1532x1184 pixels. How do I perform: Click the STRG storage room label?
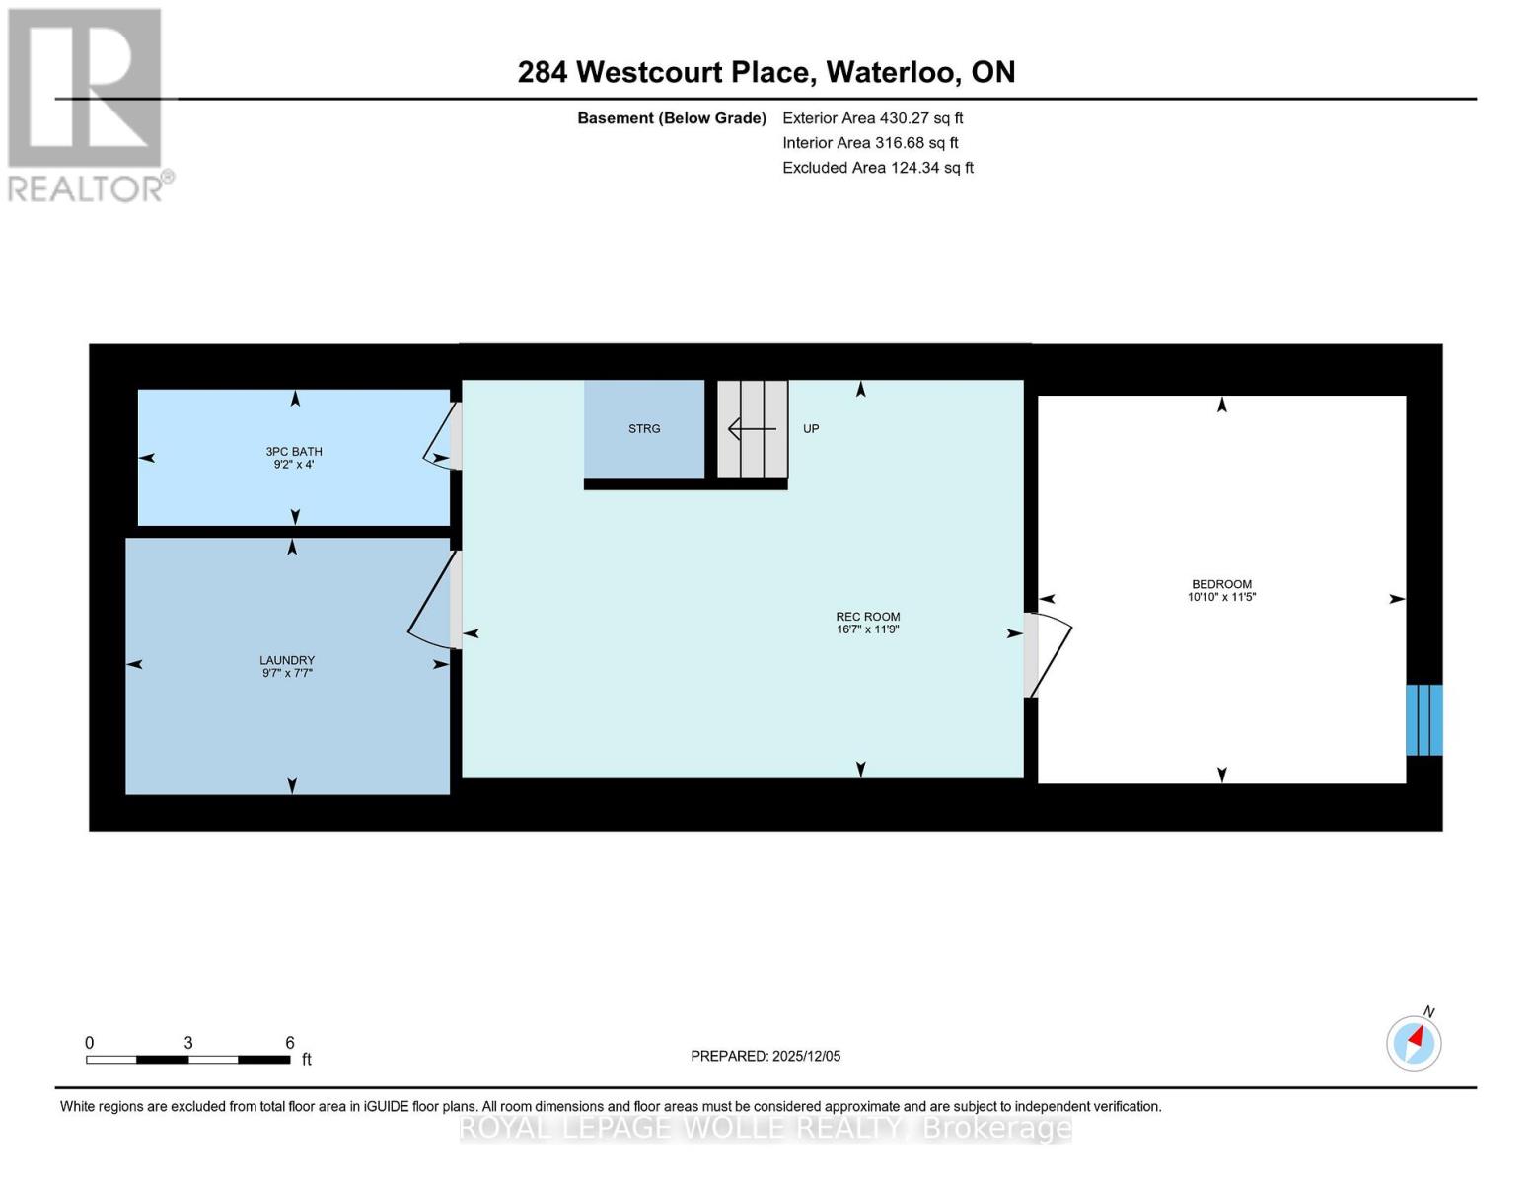point(644,429)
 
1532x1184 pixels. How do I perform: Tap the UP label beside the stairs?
point(811,429)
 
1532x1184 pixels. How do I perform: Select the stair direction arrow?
point(753,429)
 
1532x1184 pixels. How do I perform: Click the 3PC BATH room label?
point(294,451)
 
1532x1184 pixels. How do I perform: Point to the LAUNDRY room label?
point(287,660)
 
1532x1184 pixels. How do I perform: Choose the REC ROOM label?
point(868,617)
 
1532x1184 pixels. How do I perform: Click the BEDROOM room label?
point(1222,584)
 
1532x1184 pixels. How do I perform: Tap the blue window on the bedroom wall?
point(1424,720)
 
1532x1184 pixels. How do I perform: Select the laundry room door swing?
point(430,603)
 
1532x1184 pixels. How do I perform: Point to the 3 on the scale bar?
point(188,1042)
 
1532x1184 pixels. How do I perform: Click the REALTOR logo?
point(86,106)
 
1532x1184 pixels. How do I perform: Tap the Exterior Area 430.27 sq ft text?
point(873,118)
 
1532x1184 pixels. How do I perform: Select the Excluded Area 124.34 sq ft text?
point(878,168)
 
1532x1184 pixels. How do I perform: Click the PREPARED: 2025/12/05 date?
point(766,1056)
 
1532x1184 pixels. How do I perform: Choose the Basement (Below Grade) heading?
point(671,118)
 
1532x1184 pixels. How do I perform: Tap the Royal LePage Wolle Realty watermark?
point(766,1129)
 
